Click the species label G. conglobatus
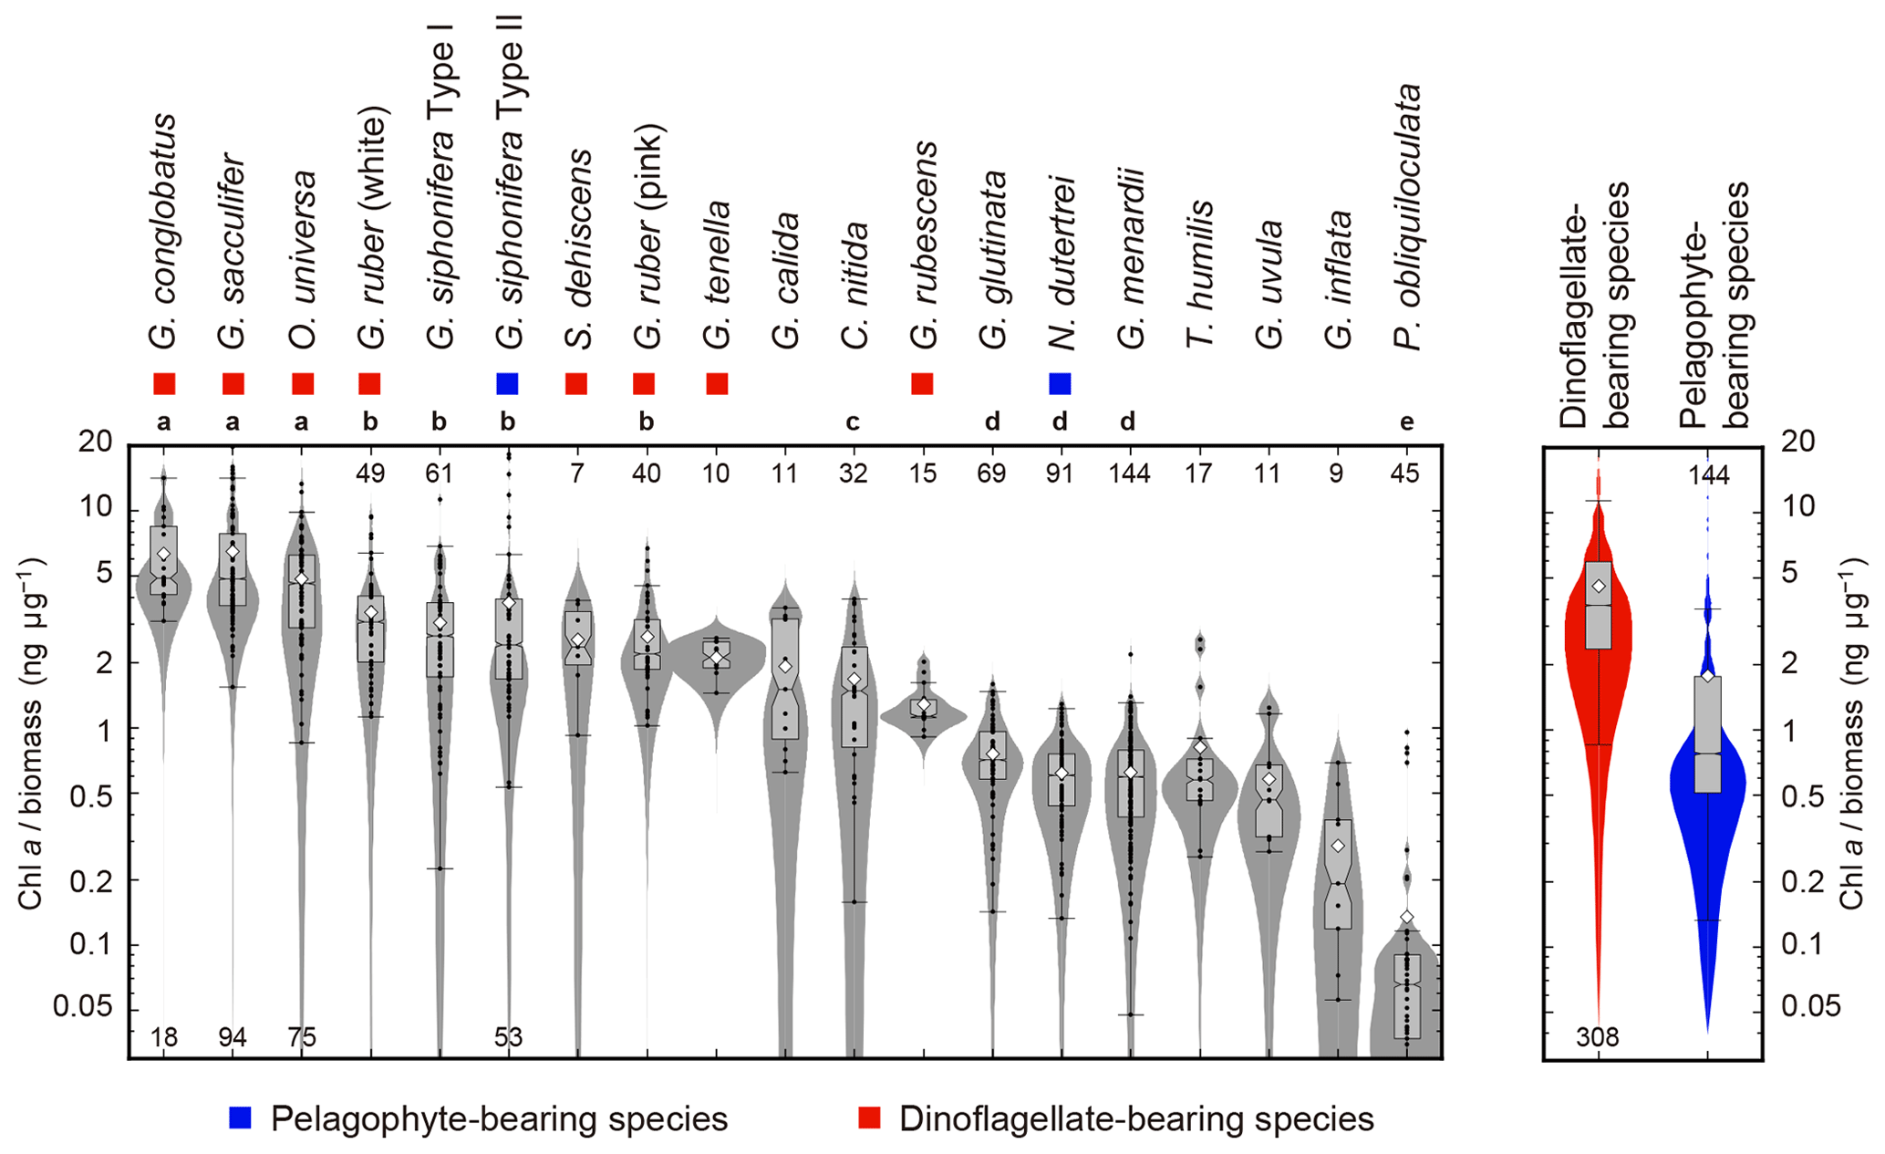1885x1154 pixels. point(164,232)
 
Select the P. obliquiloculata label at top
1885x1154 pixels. point(1407,217)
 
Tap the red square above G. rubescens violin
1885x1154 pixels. point(922,384)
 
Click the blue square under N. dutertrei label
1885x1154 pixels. point(1060,384)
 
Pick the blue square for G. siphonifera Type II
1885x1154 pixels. point(508,384)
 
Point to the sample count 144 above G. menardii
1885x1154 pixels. point(1129,473)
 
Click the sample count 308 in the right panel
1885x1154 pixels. point(1597,1037)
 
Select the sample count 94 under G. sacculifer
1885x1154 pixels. point(233,1037)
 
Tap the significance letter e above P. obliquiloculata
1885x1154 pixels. point(1407,422)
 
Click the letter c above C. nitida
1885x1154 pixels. point(853,422)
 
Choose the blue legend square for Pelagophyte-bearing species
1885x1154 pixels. point(240,1118)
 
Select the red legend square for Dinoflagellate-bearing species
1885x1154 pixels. point(869,1118)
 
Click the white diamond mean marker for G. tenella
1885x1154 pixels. point(717,658)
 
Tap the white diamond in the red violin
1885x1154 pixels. point(1598,586)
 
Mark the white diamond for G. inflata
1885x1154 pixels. point(1337,847)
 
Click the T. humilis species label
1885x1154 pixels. point(1200,274)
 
